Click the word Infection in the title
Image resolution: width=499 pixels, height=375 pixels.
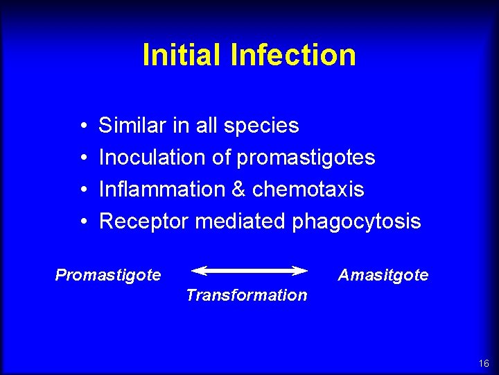[294, 55]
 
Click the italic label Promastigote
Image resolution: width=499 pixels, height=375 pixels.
[108, 276]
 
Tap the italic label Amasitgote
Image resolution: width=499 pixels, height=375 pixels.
[383, 276]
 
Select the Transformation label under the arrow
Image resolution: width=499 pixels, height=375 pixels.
[246, 295]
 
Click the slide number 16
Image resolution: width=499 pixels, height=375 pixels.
[483, 364]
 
